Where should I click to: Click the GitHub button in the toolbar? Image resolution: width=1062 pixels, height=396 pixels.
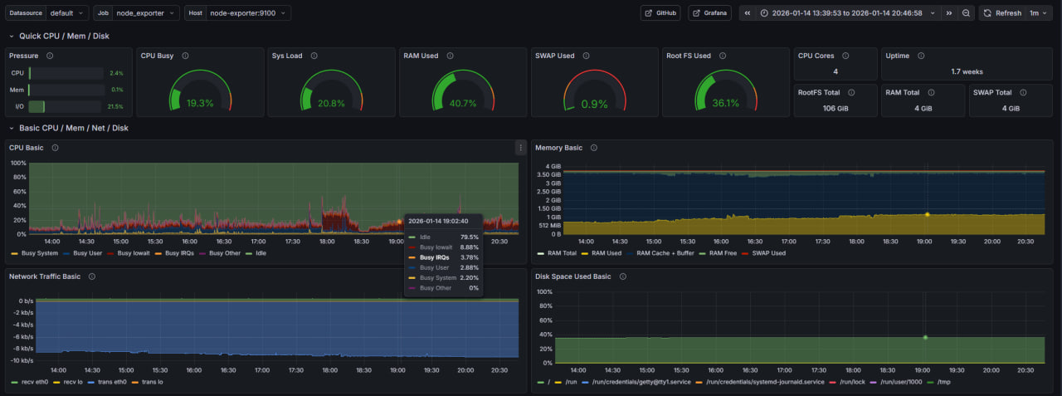(660, 13)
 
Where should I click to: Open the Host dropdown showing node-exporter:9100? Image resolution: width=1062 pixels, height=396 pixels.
(248, 13)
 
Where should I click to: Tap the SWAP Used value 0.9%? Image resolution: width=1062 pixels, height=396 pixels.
(594, 104)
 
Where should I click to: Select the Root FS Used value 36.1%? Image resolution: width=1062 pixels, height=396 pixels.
(725, 104)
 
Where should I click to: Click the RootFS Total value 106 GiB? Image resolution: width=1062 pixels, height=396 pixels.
(835, 109)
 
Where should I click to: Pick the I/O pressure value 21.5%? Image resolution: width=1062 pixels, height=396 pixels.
(115, 106)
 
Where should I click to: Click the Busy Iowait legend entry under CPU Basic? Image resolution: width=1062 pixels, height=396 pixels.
(134, 253)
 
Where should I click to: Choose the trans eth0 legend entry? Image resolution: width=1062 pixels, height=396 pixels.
(107, 382)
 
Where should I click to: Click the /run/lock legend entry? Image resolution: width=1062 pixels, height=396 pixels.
(851, 382)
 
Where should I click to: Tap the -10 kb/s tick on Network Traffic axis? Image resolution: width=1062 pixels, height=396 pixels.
(22, 361)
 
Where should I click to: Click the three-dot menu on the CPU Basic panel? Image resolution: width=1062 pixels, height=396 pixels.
(520, 148)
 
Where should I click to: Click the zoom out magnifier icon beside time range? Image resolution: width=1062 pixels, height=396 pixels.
(966, 13)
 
